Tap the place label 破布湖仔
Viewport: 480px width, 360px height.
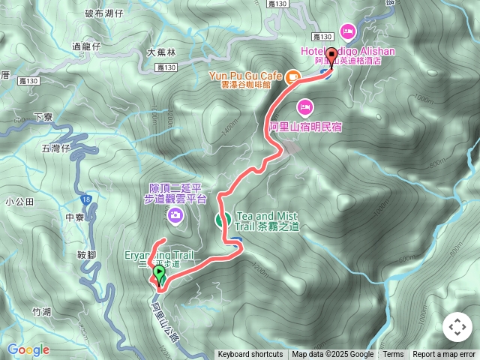[104, 13]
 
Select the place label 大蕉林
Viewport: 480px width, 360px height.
[160, 52]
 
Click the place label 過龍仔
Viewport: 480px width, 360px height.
[86, 46]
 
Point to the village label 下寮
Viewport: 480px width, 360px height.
[45, 118]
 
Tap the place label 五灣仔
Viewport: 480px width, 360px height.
[55, 148]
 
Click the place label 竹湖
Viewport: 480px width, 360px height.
[42, 311]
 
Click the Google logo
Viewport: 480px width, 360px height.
[28, 349]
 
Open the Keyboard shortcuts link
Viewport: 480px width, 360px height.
[250, 355]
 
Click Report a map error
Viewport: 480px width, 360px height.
[444, 355]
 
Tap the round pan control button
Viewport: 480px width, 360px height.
[457, 327]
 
